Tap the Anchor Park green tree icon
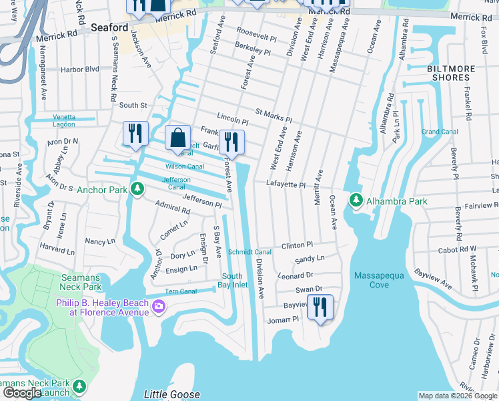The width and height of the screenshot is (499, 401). (137, 189)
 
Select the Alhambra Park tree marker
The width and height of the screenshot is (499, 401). (356, 200)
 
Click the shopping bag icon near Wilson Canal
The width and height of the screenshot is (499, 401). (177, 138)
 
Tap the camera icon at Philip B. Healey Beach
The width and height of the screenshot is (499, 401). (159, 306)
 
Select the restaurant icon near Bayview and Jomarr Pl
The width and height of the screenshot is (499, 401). (321, 307)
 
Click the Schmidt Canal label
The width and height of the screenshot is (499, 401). (249, 252)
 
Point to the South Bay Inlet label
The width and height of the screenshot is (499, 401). (233, 281)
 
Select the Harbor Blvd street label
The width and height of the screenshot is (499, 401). (79, 69)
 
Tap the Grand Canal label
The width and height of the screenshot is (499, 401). (440, 132)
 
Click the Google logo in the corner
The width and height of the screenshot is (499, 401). (22, 393)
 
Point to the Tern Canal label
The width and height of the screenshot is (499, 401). (180, 291)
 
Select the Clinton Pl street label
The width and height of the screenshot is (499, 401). (297, 245)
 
